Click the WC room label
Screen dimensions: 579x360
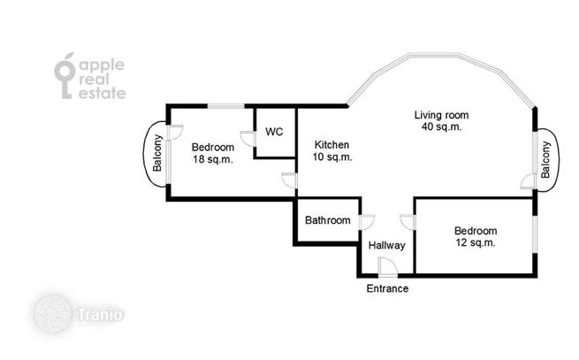pos(274,132)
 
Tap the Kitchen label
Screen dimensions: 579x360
pos(331,144)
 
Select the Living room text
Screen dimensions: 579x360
pos(441,115)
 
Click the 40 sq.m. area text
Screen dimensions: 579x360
pos(442,126)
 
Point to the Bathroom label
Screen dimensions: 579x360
pos(328,220)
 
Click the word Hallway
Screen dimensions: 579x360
pos(386,245)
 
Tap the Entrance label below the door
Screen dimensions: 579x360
pos(387,288)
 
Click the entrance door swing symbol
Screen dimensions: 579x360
pos(388,267)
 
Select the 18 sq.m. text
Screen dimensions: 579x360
pos(213,160)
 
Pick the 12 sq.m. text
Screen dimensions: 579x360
pos(476,243)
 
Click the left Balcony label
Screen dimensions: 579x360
pos(157,153)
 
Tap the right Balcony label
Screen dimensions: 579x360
pos(545,160)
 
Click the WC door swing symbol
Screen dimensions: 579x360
pos(248,139)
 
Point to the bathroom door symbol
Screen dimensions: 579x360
pos(367,222)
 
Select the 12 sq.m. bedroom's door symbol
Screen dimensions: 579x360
pos(408,222)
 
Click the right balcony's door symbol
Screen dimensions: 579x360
pos(529,181)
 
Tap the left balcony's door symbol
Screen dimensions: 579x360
pos(175,133)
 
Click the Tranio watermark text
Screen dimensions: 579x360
pos(100,315)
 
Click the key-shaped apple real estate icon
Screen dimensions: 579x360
pos(65,76)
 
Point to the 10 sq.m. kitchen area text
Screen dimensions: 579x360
pos(332,157)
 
